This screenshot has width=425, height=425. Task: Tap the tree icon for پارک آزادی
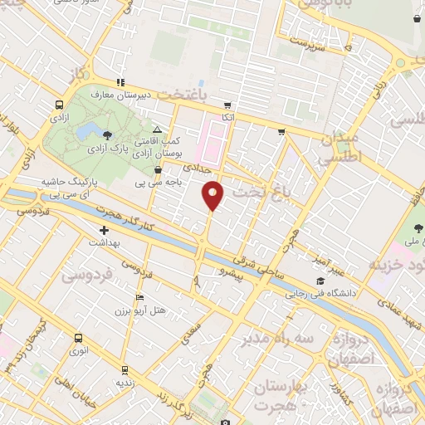coord(105,134)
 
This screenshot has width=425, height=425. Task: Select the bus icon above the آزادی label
coord(59,105)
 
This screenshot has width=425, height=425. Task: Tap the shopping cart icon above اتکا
coord(227,106)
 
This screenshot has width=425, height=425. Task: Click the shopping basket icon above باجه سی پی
coord(158,170)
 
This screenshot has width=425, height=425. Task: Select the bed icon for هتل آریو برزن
coord(139,297)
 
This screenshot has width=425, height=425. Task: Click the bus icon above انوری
coord(78,338)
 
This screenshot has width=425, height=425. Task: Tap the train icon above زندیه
coord(125,369)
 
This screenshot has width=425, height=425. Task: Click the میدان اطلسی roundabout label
coord(340,145)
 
